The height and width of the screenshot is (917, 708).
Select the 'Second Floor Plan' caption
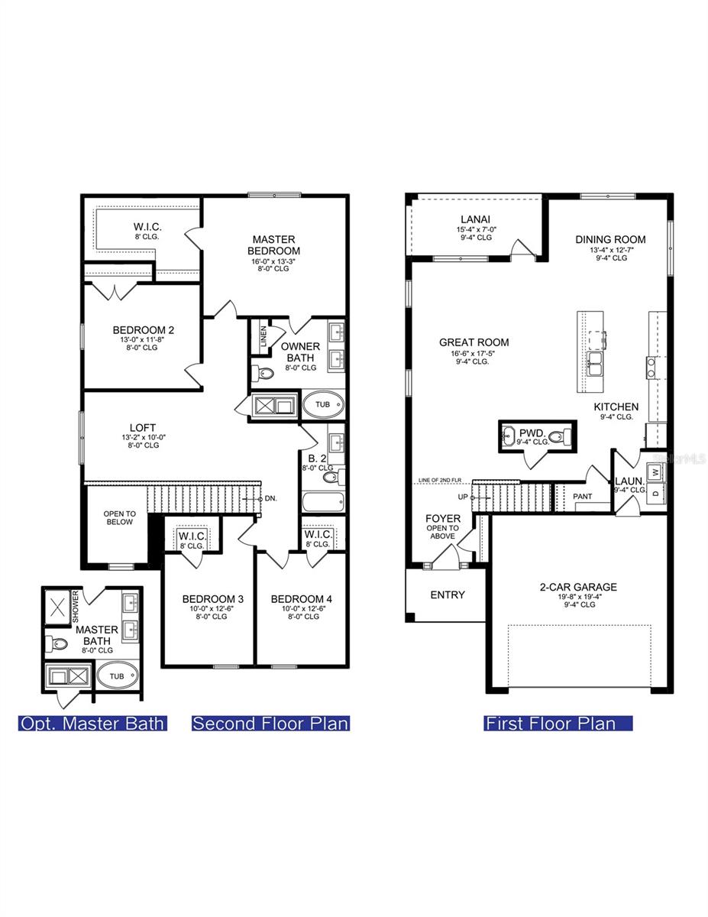tap(270, 723)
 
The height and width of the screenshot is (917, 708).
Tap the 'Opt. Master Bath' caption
tap(92, 723)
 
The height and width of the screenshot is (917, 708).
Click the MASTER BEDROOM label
tap(274, 245)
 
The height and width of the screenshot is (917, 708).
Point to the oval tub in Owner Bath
tap(324, 404)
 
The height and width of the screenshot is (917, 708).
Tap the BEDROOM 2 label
tap(144, 330)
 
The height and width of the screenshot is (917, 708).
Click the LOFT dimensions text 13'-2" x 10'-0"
tap(144, 437)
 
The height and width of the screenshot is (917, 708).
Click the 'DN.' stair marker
tap(270, 498)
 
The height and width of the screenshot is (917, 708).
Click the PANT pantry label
tap(582, 497)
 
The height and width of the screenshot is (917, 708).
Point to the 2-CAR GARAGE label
tap(578, 587)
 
